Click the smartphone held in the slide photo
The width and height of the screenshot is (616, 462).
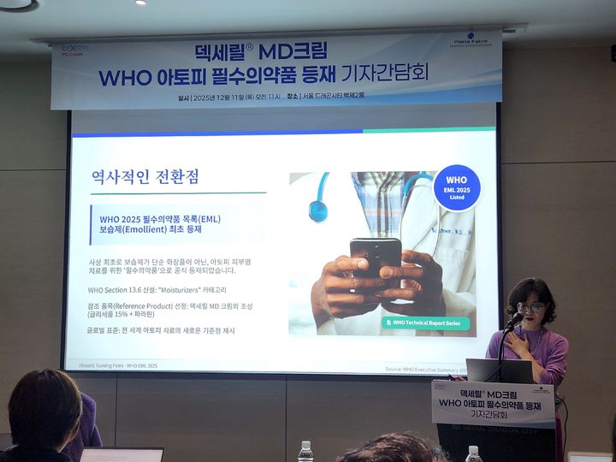point(376,258)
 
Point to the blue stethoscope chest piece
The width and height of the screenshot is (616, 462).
point(318,209)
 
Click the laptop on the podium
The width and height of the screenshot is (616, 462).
point(500,370)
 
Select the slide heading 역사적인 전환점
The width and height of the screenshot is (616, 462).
point(145,178)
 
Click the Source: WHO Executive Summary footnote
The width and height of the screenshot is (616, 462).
point(424,369)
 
